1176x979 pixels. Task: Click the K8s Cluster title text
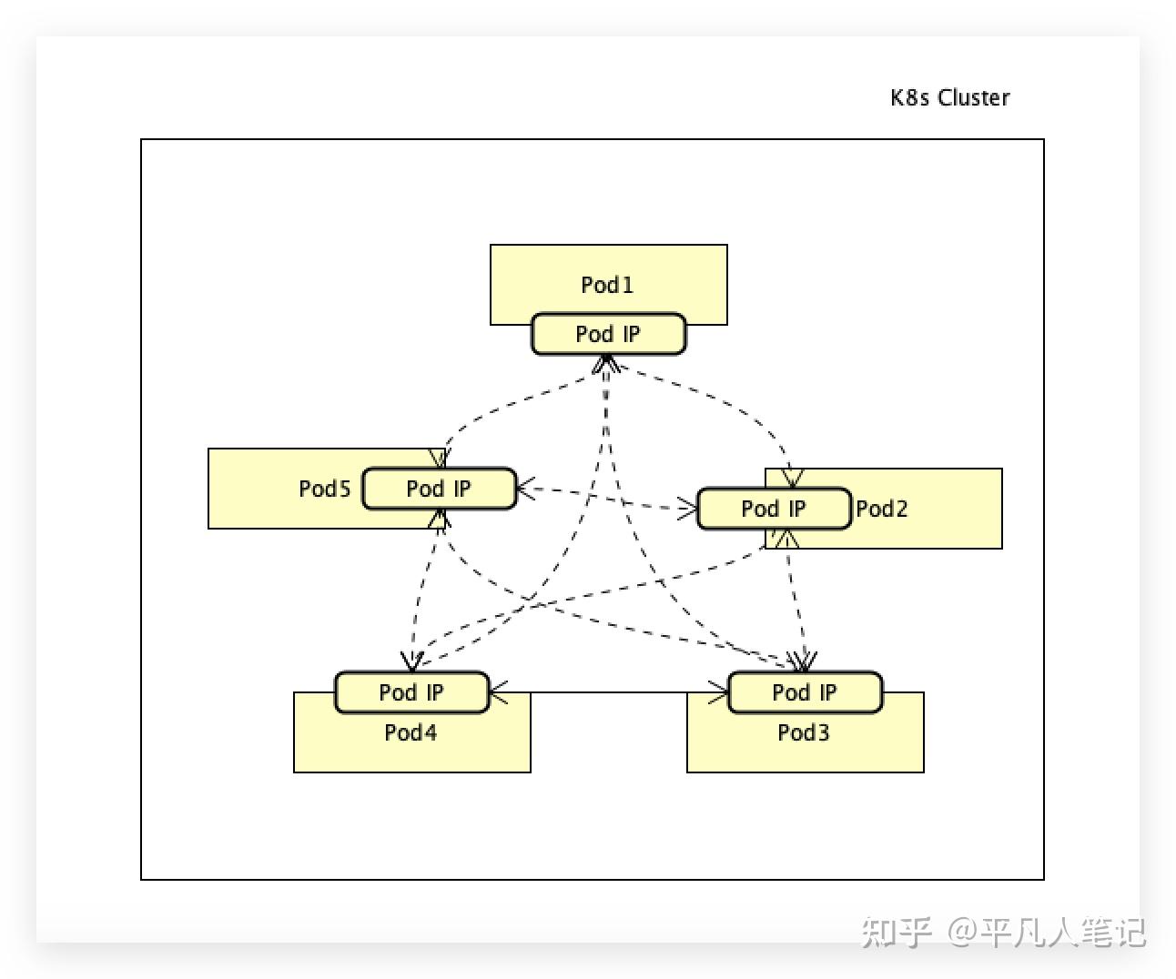(949, 97)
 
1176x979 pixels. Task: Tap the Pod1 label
(607, 285)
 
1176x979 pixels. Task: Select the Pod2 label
(881, 509)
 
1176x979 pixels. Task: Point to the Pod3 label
(803, 732)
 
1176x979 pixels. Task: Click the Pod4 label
(411, 732)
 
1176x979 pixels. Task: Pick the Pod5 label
(324, 489)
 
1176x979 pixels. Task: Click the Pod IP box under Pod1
(608, 334)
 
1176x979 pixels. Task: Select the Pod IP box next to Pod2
(774, 509)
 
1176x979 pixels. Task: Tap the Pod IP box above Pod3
(805, 692)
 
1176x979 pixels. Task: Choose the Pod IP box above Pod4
(411, 692)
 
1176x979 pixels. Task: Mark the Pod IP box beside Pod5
(439, 489)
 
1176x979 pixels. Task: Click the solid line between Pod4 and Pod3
(610, 692)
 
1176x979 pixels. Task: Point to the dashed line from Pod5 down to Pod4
(424, 591)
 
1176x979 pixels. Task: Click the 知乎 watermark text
(897, 932)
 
